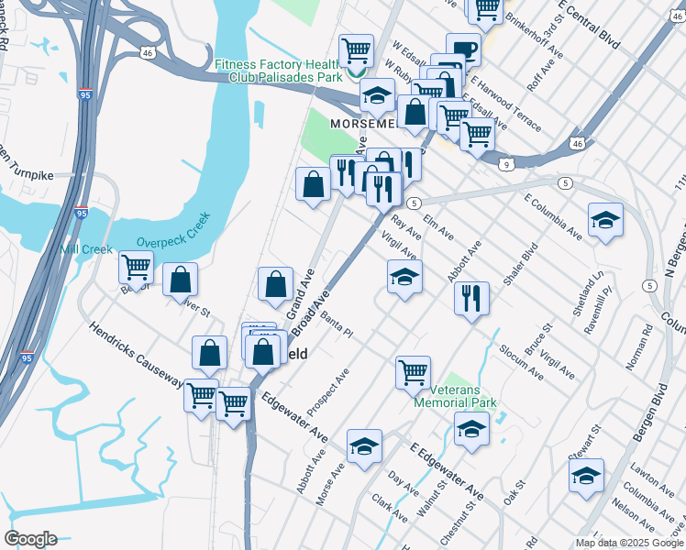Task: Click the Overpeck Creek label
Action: click(173, 230)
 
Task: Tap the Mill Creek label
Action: click(85, 249)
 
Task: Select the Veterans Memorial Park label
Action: click(456, 395)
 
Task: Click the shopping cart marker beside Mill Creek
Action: click(137, 268)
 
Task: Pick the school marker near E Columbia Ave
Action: click(605, 220)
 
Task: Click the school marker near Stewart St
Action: click(586, 476)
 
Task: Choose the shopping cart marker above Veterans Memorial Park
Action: click(414, 372)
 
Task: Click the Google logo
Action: click(30, 539)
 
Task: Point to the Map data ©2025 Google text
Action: click(629, 543)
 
